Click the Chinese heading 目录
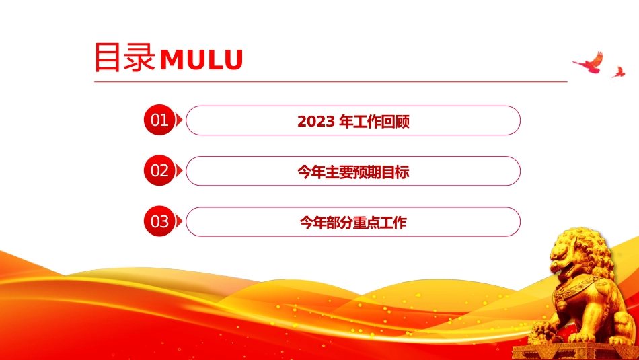tap(124, 57)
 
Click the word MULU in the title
tap(202, 60)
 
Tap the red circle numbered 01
tap(159, 120)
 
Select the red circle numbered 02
tap(159, 170)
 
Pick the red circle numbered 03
tap(159, 221)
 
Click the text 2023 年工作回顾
tap(353, 122)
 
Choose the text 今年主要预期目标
tap(353, 172)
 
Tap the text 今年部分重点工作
tap(353, 223)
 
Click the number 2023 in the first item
tap(316, 122)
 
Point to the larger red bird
tap(589, 63)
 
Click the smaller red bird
tap(618, 72)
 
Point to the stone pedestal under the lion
tap(575, 351)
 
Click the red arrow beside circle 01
tap(178, 120)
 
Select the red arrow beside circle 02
tap(178, 171)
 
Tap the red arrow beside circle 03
tap(178, 221)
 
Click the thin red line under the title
tap(331, 81)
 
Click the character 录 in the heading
tap(140, 57)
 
